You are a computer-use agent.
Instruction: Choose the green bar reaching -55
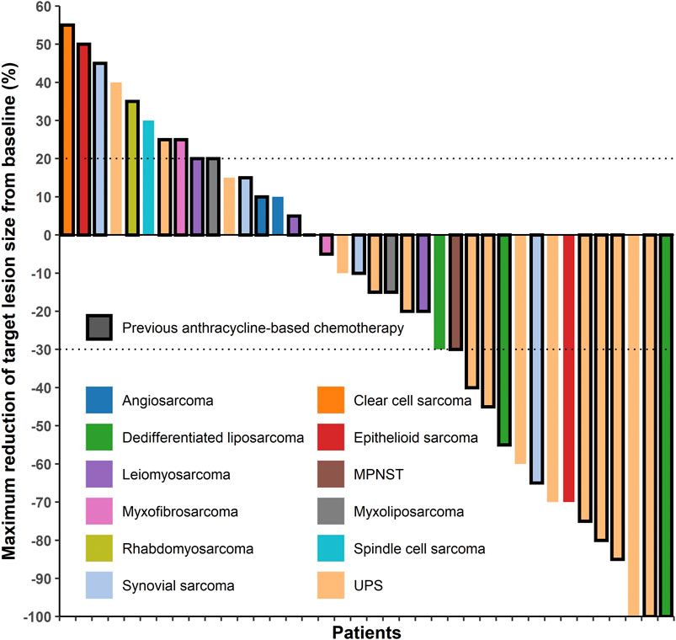[504, 339]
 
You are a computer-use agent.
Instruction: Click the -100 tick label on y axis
[35, 616]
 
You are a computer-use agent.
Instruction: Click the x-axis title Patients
[365, 631]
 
